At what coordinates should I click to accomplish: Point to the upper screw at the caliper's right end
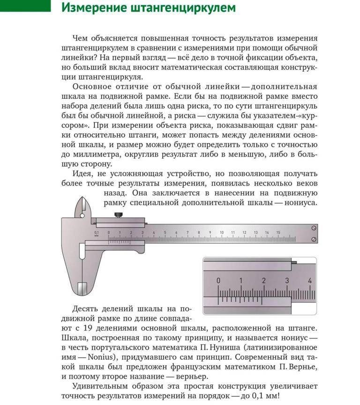click(x=314, y=228)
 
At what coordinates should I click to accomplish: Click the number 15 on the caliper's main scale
click(x=278, y=233)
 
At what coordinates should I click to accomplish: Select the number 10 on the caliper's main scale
click(x=221, y=233)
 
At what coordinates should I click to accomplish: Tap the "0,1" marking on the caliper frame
click(x=97, y=232)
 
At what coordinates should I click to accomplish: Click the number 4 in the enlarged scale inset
click(x=309, y=280)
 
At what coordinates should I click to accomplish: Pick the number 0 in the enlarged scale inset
click(x=218, y=280)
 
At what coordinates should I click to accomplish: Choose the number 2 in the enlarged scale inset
click(x=263, y=280)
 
